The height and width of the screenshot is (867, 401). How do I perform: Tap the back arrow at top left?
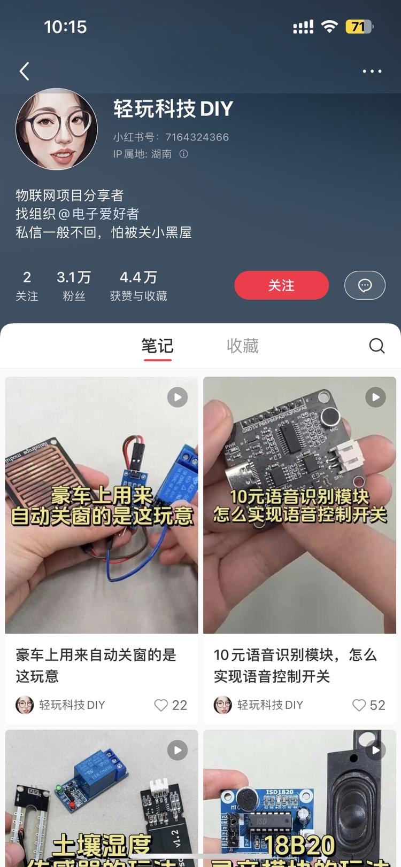point(24,71)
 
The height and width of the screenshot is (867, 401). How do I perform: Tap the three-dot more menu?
point(372,71)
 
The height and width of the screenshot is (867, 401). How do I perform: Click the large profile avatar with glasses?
point(57,129)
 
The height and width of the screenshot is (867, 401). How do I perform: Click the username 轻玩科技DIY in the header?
point(173,109)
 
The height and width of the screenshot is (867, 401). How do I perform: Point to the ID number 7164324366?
point(197,137)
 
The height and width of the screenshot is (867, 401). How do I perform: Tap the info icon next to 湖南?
point(183,154)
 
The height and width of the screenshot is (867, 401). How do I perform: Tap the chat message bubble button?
point(365,285)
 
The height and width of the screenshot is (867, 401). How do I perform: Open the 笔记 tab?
point(157,346)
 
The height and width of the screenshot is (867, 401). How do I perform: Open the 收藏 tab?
point(243,346)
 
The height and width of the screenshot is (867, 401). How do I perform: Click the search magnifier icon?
point(377,346)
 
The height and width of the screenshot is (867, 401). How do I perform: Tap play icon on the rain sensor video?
point(178,397)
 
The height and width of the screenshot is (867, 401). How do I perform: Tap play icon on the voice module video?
point(375,397)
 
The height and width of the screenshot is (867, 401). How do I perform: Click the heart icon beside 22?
point(161,705)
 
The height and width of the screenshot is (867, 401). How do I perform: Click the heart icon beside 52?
point(359,705)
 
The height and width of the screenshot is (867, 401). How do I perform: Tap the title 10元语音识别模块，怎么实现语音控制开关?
point(295,666)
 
